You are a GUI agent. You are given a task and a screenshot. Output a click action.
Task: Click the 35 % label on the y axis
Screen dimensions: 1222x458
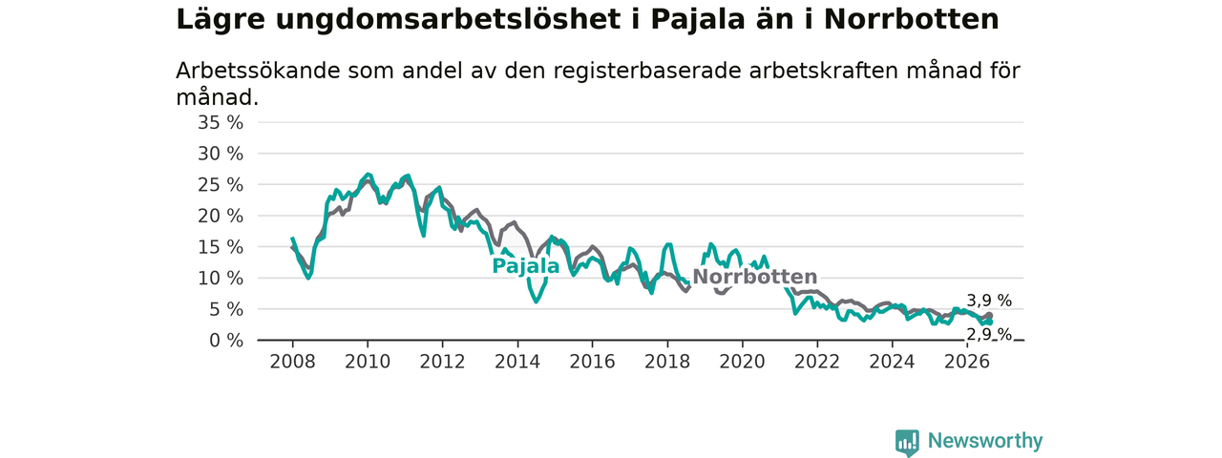click(221, 123)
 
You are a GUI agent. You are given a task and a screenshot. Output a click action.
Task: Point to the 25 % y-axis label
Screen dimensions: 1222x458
click(221, 185)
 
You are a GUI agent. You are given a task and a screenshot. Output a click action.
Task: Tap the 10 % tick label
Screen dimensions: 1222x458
click(221, 279)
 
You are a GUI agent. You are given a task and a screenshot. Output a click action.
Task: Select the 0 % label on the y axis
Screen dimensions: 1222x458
click(226, 341)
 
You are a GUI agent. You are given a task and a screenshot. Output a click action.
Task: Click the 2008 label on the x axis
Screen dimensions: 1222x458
click(292, 362)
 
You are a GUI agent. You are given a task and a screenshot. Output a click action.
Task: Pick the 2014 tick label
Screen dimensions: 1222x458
click(517, 362)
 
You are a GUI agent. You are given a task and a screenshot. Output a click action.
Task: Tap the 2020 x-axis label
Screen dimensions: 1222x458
click(742, 362)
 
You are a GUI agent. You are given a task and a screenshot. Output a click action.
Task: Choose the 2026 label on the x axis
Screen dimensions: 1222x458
click(967, 362)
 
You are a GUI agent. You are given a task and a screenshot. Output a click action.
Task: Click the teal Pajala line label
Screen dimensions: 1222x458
click(526, 266)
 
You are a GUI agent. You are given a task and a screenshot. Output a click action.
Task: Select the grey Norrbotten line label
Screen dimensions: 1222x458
click(755, 277)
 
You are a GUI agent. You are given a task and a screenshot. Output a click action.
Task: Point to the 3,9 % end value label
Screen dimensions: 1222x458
click(989, 301)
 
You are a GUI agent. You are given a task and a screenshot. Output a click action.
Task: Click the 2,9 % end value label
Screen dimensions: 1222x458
click(989, 335)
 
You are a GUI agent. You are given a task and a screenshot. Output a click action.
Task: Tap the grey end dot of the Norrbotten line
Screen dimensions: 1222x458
click(990, 316)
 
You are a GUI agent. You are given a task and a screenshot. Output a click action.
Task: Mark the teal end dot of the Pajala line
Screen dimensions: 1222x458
click(990, 323)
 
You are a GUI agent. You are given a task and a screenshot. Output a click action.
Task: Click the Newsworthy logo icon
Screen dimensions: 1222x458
click(907, 442)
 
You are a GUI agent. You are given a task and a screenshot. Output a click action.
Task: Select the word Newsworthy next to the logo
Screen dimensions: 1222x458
click(985, 441)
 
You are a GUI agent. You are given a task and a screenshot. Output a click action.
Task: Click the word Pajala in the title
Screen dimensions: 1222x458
click(698, 20)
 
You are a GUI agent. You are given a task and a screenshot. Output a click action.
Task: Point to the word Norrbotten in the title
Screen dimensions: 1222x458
click(911, 20)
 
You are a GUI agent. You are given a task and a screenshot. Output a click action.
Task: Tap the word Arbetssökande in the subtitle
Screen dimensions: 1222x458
click(258, 71)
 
